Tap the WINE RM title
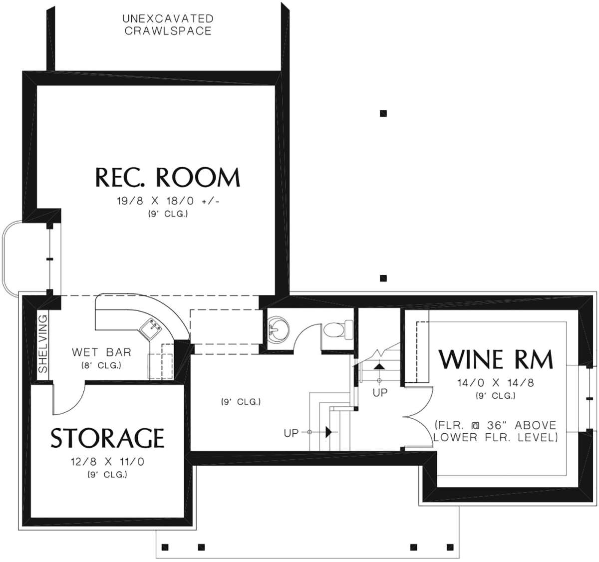click(x=496, y=359)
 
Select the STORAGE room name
click(x=107, y=438)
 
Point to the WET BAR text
click(x=102, y=352)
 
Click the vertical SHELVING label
click(x=43, y=343)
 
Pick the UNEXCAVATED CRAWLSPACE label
click(x=168, y=25)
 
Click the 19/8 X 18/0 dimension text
click(x=155, y=201)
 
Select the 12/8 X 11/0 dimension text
click(x=108, y=462)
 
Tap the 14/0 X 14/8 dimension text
click(x=496, y=383)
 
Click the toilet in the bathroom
click(x=338, y=329)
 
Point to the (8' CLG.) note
click(x=101, y=365)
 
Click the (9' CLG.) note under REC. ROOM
click(x=168, y=214)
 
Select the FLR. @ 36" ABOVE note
click(x=495, y=425)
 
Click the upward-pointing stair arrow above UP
click(x=379, y=366)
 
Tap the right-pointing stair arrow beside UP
click(x=329, y=432)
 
